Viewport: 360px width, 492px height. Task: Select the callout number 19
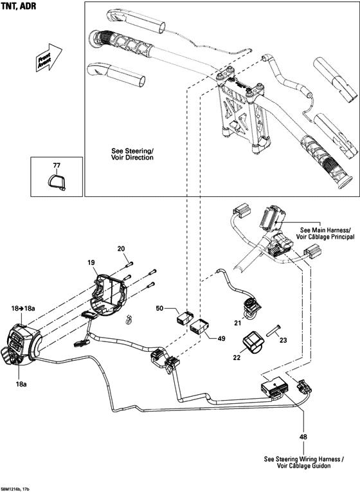[x=91, y=262]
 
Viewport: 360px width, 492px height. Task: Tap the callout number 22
[x=235, y=357]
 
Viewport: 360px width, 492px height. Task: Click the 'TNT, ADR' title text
[x=19, y=6]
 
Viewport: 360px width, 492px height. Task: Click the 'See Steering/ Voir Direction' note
[x=132, y=153]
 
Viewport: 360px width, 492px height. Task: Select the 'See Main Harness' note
[x=325, y=233]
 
